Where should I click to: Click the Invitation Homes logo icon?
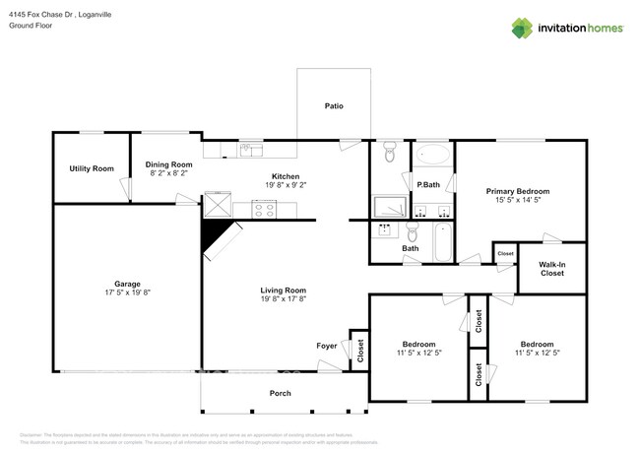tap(522, 29)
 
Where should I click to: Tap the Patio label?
tap(335, 105)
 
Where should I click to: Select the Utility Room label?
tap(92, 168)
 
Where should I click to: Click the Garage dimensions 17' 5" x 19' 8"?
tap(127, 292)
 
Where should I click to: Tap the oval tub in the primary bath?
tap(433, 155)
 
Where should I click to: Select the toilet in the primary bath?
tap(390, 153)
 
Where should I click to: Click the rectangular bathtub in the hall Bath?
tap(442, 240)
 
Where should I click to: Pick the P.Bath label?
tap(427, 184)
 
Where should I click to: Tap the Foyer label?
tap(327, 346)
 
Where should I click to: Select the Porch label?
tap(281, 393)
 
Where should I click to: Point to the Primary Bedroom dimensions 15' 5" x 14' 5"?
tap(518, 201)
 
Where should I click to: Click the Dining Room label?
tap(168, 164)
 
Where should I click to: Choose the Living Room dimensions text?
tap(284, 300)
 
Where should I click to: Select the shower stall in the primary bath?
tap(390, 206)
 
